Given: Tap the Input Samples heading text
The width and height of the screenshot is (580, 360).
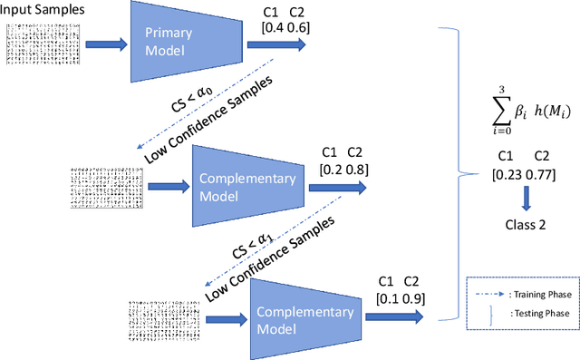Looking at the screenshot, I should click(x=43, y=9).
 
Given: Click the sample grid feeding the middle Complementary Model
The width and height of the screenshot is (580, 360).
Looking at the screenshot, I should click(x=102, y=188).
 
